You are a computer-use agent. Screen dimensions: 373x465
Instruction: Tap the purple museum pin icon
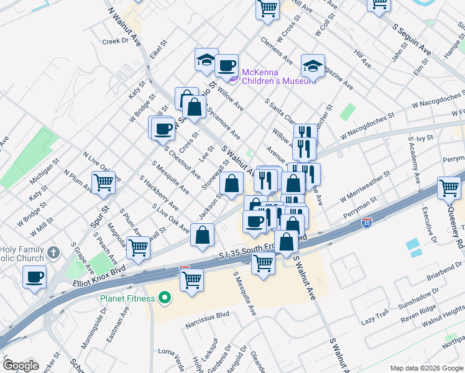(234, 78)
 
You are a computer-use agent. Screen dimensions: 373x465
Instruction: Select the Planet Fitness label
(127, 298)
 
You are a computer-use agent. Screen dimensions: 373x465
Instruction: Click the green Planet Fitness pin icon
(165, 299)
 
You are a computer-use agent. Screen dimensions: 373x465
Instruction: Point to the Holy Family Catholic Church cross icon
(53, 254)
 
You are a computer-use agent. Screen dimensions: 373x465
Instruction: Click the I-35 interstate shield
(368, 222)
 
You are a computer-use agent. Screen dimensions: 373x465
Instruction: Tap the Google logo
(21, 366)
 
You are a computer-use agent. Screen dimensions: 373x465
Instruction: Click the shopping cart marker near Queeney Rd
(449, 186)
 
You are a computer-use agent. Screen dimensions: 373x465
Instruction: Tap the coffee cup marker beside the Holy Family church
(35, 275)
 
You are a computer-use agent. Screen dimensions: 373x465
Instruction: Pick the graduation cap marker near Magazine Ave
(313, 65)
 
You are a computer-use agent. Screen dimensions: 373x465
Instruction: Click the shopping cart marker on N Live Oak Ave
(103, 182)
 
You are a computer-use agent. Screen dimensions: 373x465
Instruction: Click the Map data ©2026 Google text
(426, 368)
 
